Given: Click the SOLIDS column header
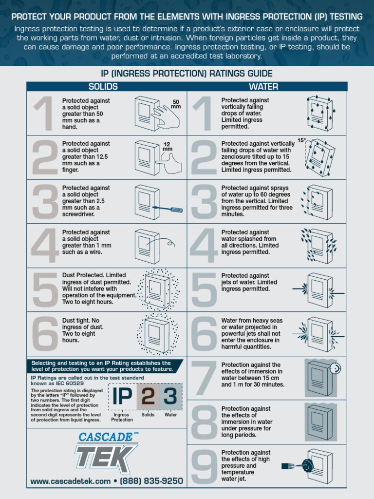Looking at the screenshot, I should click(103, 87).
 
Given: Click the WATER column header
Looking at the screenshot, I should click(263, 87).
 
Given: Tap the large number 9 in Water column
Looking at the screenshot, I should click(204, 466).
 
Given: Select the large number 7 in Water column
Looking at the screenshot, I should click(204, 378).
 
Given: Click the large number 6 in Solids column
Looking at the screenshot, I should click(45, 334).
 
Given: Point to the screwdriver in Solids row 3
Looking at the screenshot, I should click(168, 209).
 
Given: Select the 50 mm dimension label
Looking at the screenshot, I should click(176, 104).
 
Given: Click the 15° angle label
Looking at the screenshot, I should click(301, 140).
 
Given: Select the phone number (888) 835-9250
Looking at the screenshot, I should click(151, 481).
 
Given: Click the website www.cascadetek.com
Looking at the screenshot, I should click(71, 481).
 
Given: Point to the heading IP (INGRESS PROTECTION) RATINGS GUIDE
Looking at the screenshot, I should click(187, 74).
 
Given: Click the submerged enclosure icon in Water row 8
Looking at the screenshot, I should click(319, 421).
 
